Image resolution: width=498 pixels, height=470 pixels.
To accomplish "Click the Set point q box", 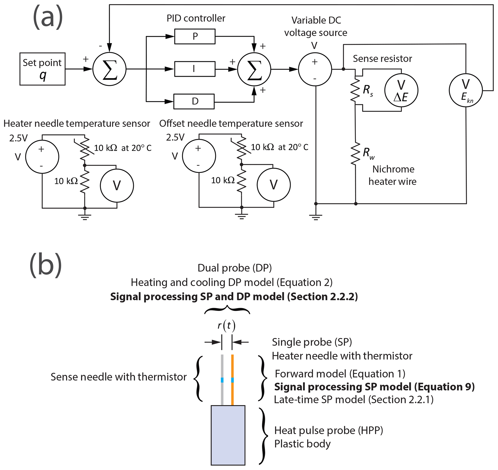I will (42, 69).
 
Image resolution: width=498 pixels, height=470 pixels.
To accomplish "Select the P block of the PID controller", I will (195, 37).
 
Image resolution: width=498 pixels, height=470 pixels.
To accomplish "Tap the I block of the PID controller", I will (195, 69).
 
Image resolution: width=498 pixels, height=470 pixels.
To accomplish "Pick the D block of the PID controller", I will (194, 101).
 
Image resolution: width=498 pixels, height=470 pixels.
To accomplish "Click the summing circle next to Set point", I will (110, 69).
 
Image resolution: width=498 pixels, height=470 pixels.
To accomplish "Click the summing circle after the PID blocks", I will (254, 69).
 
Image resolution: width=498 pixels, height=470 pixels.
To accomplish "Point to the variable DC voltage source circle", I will (315, 69).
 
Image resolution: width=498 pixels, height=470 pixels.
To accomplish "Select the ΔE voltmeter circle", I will (401, 90).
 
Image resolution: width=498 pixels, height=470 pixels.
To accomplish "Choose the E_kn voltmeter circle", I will (466, 90).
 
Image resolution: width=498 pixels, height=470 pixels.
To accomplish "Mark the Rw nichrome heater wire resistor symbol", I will (355, 154).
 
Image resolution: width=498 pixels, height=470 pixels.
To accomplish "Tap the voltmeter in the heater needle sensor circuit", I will (117, 186).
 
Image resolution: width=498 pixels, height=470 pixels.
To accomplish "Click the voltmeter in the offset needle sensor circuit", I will (274, 185).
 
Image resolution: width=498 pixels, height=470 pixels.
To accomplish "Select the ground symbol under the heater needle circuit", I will (85, 217).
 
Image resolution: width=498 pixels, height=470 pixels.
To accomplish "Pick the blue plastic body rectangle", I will (228, 435).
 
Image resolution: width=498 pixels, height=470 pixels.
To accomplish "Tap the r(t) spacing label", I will (226, 326).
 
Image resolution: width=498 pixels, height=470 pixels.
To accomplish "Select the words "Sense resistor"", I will (382, 59).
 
